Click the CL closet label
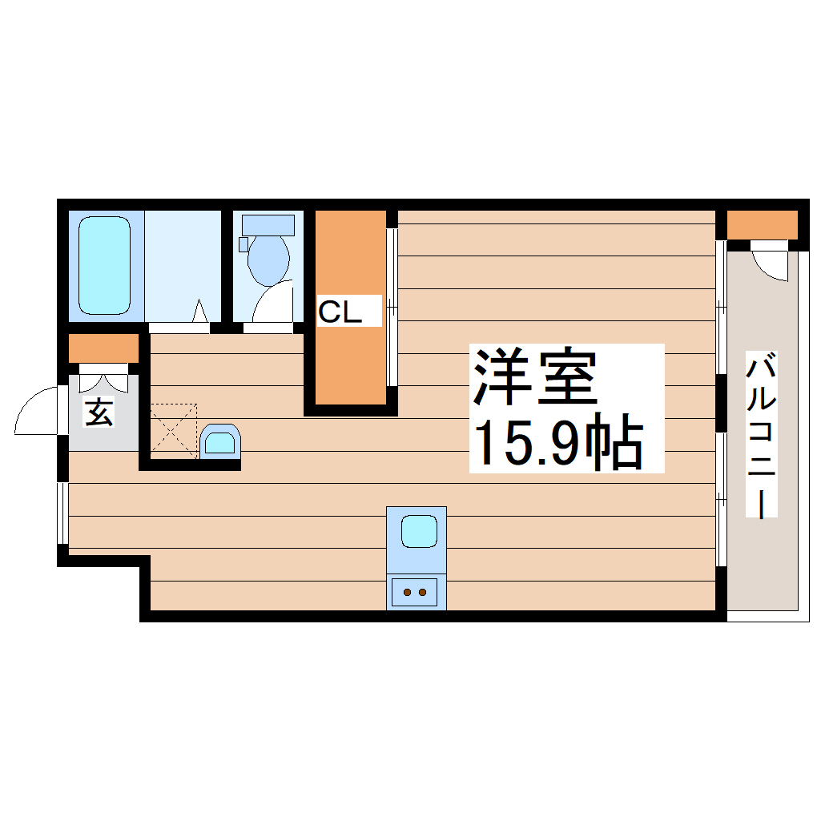340,312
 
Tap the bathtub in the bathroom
104,265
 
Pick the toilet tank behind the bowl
268,224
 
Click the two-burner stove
415,593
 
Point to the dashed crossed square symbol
173,431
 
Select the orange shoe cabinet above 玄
103,348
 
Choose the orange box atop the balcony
762,224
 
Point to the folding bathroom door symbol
200,312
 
